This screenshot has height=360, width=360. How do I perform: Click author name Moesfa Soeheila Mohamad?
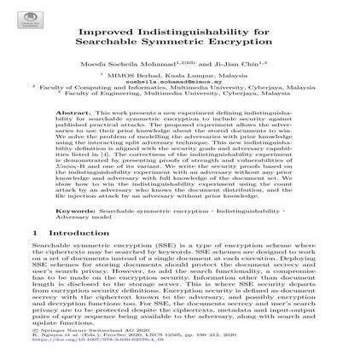pyautogui.click(x=152, y=62)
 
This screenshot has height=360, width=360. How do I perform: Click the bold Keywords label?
pyautogui.click(x=73, y=209)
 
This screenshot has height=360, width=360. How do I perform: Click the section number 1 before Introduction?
pyautogui.click(x=35, y=232)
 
